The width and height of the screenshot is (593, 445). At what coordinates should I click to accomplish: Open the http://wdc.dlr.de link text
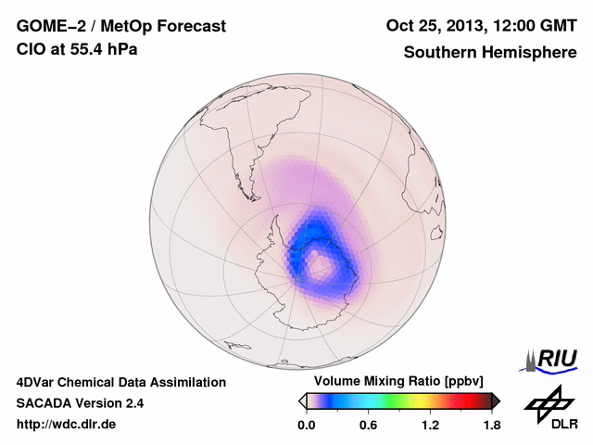[67, 425]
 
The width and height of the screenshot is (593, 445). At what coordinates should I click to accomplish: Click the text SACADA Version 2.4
[81, 403]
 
